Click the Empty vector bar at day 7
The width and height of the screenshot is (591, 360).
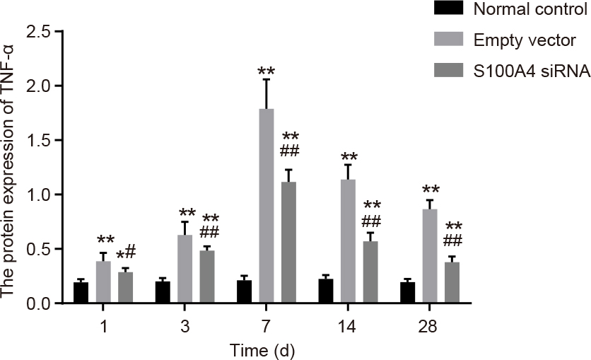pos(266,206)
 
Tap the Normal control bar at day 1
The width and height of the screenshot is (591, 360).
pos(81,293)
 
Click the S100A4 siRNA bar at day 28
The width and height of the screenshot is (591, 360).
pos(451,283)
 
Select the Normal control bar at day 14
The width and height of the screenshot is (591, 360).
pos(325,291)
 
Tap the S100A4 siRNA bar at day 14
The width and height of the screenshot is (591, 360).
pos(370,272)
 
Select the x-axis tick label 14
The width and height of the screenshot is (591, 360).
pos(347,327)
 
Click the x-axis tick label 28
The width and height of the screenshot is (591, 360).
pos(428,327)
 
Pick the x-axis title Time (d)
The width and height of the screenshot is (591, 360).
pos(262,350)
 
